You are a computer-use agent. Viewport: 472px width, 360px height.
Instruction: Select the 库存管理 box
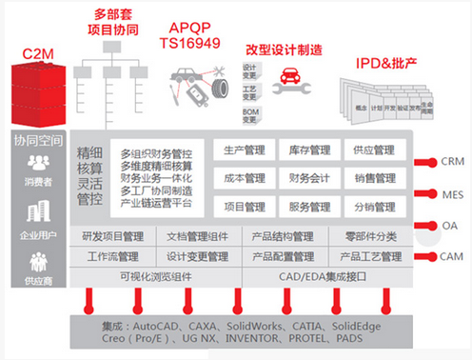coord(308,150)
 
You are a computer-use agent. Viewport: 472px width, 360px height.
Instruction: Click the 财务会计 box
coord(308,178)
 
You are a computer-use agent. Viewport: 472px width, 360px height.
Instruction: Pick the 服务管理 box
coord(308,206)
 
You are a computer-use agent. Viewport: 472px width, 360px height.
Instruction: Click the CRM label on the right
coord(453,161)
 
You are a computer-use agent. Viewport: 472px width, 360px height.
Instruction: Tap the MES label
coord(453,193)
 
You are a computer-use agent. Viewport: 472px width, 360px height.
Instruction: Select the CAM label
coord(453,256)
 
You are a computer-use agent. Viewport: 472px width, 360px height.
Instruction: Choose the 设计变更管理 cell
coord(197,256)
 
